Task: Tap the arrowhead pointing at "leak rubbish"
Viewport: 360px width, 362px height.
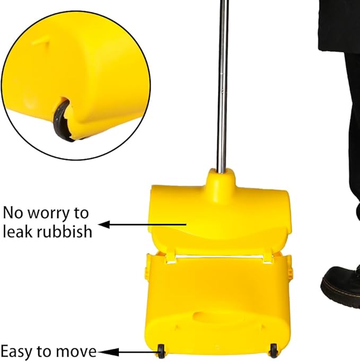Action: pos(104,224)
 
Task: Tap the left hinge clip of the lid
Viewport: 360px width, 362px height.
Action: pos(170,258)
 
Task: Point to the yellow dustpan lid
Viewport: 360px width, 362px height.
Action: pos(219,219)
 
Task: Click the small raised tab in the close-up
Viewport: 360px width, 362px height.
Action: pos(41,41)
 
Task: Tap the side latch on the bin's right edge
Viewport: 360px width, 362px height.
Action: pos(290,272)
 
